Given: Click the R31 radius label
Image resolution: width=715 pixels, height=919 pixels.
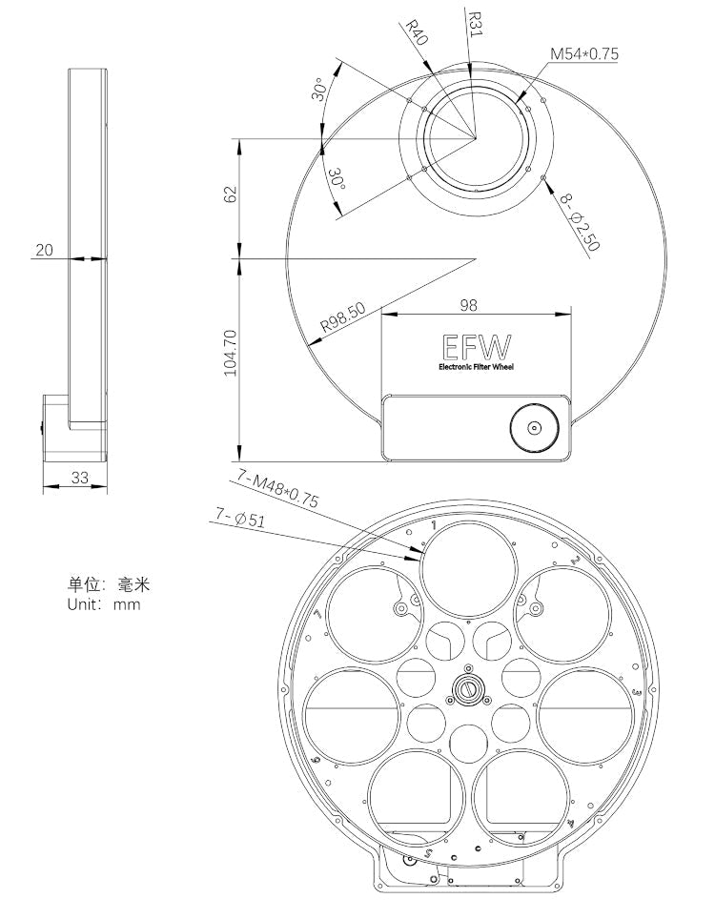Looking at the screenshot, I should pos(474,22).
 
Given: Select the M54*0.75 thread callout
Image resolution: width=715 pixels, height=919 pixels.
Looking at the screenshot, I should pos(583,54).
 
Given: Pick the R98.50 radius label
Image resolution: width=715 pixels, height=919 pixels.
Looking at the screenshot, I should pos(343,317).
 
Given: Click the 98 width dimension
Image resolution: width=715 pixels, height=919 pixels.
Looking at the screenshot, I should pos(467,305).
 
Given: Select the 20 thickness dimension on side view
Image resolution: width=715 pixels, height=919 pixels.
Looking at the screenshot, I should pos(44,250).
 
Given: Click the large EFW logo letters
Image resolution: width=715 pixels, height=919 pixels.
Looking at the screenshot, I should pos(476,346).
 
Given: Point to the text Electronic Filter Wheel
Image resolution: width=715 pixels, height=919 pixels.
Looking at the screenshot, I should pos(475,367).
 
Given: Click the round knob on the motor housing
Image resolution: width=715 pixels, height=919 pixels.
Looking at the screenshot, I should pos(534,428).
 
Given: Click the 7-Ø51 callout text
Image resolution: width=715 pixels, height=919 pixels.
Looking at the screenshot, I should pos(240,518).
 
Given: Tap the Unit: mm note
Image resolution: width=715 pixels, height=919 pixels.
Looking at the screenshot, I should pos(103,603).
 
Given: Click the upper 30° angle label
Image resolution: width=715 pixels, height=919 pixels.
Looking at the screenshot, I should pos(323,91).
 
